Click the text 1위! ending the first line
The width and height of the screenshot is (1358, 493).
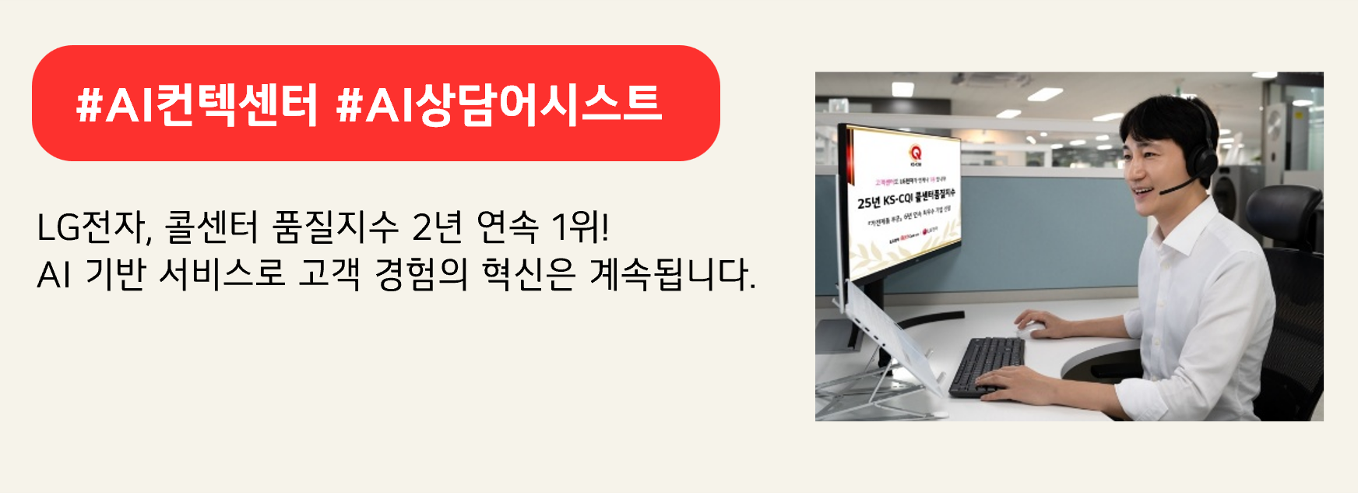580,227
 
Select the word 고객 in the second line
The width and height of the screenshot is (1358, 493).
329,274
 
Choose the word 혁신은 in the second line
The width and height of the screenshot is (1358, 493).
529,274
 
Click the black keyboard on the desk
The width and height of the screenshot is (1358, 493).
986,364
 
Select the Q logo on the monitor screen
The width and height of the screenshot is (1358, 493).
915,153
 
